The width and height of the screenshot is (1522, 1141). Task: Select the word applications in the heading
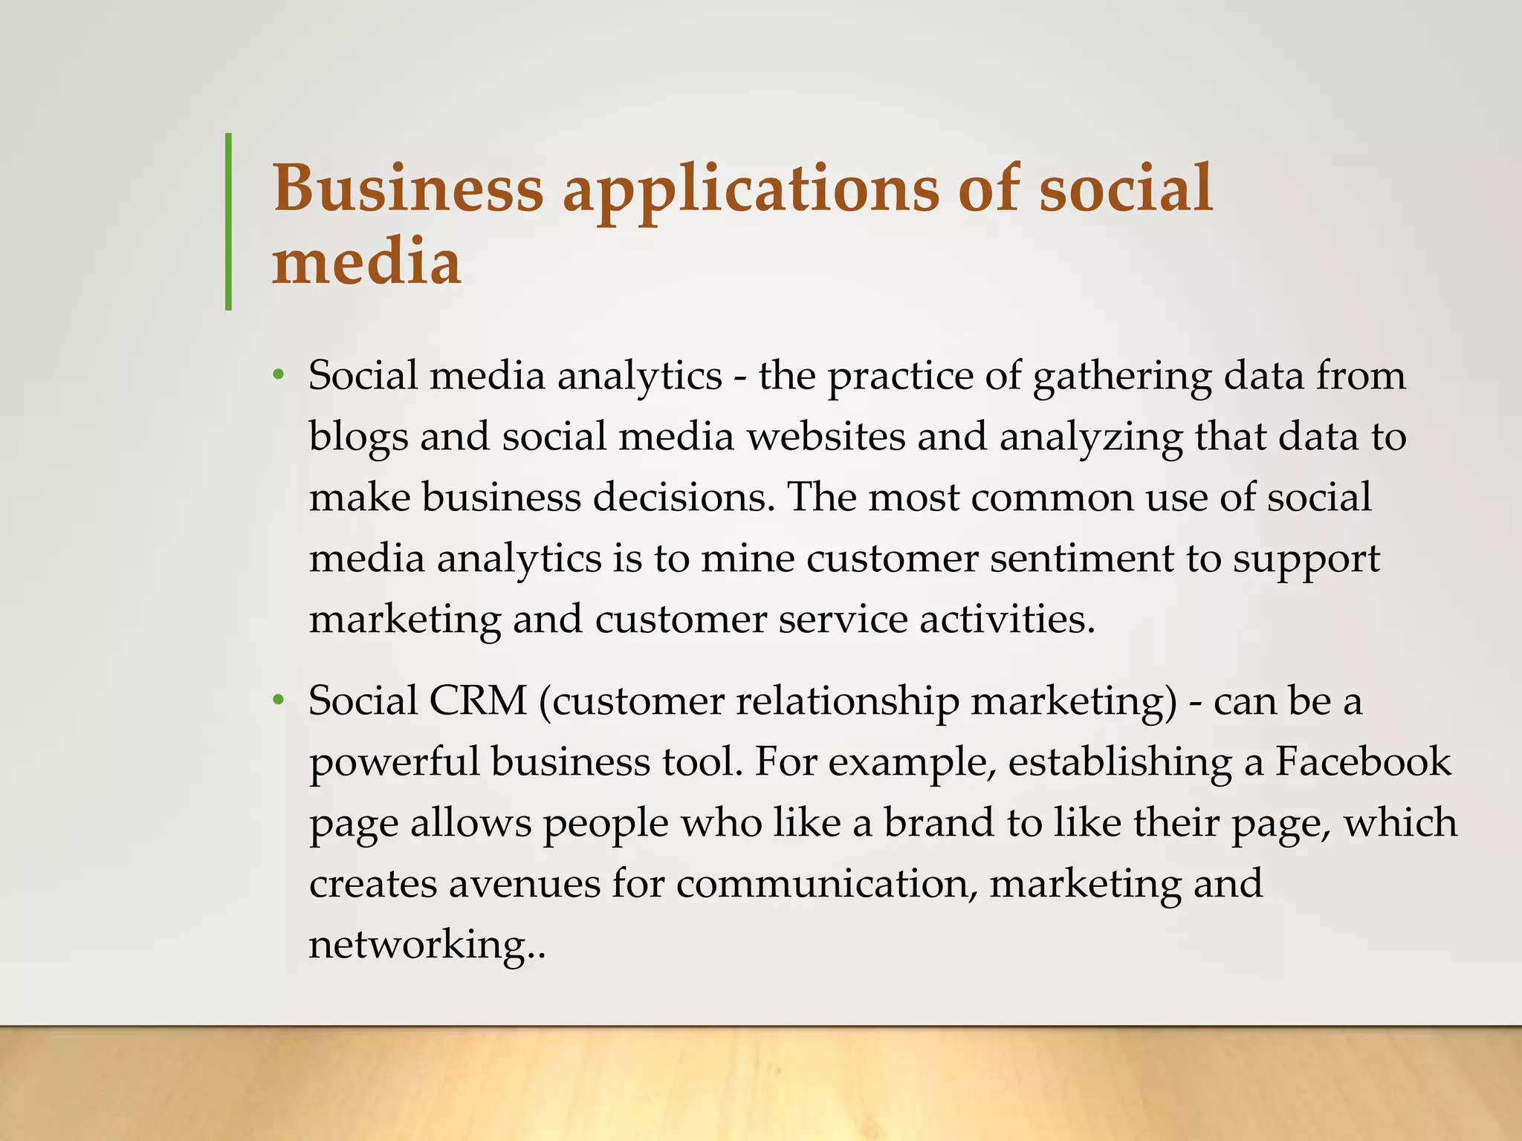click(751, 189)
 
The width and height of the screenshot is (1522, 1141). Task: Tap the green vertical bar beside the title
click(228, 221)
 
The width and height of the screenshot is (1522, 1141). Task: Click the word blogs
click(358, 438)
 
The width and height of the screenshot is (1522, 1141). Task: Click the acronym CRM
click(478, 700)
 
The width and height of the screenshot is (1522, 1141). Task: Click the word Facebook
click(1363, 761)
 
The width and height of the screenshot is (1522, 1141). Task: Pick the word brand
click(939, 822)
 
